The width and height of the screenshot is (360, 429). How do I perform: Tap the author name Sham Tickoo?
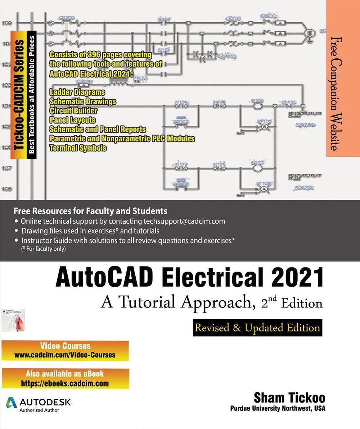pos(289,398)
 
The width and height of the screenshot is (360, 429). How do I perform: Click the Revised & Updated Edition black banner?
pos(257,328)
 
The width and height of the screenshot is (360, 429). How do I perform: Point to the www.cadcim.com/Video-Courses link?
pos(65,355)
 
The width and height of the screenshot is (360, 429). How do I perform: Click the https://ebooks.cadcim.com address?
pos(65,383)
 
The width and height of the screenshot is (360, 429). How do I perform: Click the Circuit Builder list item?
pos(73,110)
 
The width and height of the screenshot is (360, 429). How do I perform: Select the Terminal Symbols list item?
pos(78,147)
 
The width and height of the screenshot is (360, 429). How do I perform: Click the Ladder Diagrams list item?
pos(77,92)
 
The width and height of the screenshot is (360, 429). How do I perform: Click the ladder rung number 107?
pos(6,168)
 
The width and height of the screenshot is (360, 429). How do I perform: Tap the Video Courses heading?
pos(65,346)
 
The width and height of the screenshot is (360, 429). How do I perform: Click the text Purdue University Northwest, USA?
pos(278,409)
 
